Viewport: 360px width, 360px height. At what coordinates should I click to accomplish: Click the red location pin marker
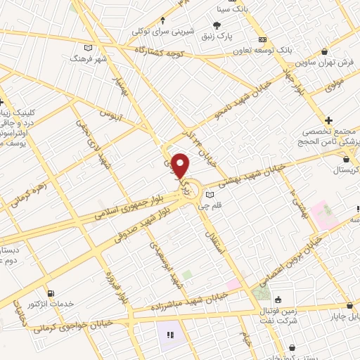[181, 165]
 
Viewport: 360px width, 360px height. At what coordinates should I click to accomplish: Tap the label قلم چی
[210, 205]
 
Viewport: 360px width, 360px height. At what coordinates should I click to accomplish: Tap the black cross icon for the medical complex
[329, 121]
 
